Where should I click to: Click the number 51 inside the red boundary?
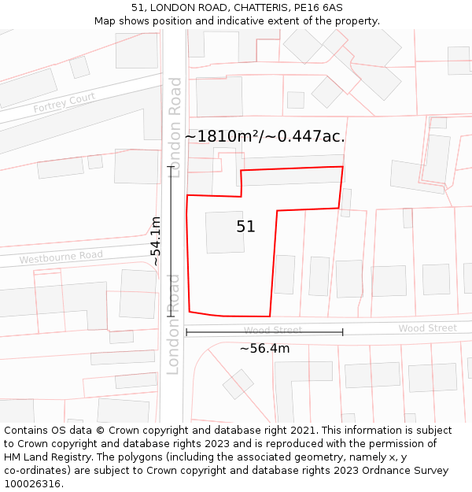[245, 227]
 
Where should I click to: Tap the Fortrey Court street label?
[64, 103]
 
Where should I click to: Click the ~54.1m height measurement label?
[156, 241]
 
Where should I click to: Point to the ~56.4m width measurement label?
[264, 348]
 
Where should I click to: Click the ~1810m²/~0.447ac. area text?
[264, 136]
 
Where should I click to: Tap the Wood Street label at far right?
[427, 328]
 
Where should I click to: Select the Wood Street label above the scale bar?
[272, 331]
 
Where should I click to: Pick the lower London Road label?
[174, 324]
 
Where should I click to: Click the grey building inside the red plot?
[225, 232]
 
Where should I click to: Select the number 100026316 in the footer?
[32, 484]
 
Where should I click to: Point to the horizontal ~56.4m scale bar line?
[264, 333]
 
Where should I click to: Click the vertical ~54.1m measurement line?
[171, 241]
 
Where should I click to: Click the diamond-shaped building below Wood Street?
[238, 384]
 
